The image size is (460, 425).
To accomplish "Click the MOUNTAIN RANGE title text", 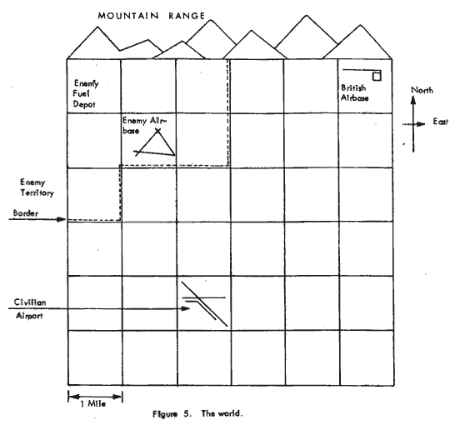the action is [152, 16].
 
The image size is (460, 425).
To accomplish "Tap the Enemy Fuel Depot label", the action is [85, 93].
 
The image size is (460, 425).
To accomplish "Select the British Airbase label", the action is [355, 93].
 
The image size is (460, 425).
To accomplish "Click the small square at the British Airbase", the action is [377, 77].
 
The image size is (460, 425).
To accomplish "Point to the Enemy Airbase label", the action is [144, 126].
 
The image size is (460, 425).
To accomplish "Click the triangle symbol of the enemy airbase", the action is [157, 143].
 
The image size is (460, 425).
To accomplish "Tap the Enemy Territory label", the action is [37, 187].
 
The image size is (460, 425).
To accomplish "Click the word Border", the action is [26, 213].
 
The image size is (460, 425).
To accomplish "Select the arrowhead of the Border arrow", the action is [62, 219].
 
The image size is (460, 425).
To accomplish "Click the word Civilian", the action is [30, 302].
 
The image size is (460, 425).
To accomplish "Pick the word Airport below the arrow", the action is [29, 316].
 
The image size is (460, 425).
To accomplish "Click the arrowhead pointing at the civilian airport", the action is [186, 308].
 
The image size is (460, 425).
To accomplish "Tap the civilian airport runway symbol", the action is [204, 303].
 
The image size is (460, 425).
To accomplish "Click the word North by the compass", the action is [422, 90].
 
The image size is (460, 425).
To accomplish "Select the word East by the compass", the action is [441, 122].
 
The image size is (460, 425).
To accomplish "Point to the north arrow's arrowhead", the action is [413, 101].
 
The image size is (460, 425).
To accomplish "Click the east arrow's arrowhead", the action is [421, 124].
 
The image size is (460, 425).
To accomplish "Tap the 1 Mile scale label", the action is [93, 404].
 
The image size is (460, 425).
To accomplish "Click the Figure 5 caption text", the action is [197, 414].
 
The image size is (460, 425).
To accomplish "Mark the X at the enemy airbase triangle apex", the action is [157, 131].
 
